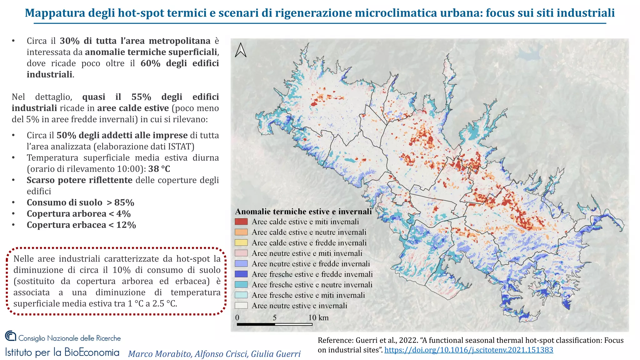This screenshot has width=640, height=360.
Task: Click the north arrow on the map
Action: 241,50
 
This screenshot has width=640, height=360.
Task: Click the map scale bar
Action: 275,324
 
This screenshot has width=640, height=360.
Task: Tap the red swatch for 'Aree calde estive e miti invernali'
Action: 241,222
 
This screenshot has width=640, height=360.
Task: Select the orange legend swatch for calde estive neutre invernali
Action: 241,232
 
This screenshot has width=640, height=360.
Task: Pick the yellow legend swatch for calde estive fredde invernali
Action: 241,243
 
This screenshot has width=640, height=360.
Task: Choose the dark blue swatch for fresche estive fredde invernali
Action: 241,274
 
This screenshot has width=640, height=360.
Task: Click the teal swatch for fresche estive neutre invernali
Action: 241,285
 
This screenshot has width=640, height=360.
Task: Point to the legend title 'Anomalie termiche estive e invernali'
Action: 303,212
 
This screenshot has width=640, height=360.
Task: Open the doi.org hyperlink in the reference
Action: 469,350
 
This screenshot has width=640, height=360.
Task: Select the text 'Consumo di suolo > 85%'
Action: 80,202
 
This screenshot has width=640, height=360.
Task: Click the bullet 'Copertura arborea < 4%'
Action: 79,214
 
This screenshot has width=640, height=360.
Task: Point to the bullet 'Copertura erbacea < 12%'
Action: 81,225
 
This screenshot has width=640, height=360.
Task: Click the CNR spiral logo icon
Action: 11,336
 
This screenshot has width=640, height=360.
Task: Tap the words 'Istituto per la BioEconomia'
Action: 62,352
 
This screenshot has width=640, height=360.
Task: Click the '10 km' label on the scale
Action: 318,317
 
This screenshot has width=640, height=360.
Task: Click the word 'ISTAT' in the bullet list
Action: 182,147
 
